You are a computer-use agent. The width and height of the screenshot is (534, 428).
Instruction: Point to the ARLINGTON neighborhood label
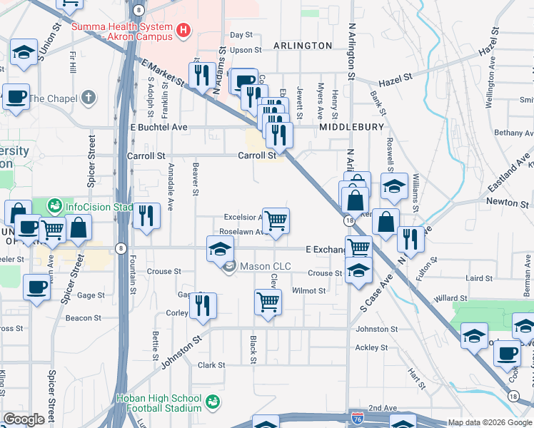tap(301, 46)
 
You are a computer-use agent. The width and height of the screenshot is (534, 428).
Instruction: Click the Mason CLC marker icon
tap(229, 267)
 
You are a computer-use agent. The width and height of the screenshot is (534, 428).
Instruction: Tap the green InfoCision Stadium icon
tap(54, 207)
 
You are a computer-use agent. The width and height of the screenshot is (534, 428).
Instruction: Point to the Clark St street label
tap(211, 365)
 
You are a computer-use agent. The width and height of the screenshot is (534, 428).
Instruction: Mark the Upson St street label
tap(246, 50)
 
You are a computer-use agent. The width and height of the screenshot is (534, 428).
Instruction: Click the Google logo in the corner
tap(24, 419)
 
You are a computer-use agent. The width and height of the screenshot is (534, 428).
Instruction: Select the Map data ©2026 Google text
tap(490, 422)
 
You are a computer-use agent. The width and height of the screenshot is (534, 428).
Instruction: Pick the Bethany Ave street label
tap(513, 133)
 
